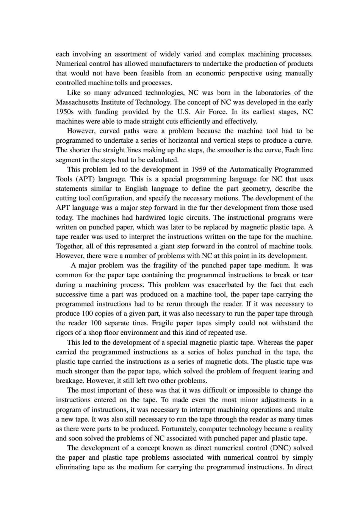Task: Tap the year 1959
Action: (x=200, y=169)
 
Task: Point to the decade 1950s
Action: (x=65, y=112)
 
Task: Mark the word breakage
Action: (x=69, y=381)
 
